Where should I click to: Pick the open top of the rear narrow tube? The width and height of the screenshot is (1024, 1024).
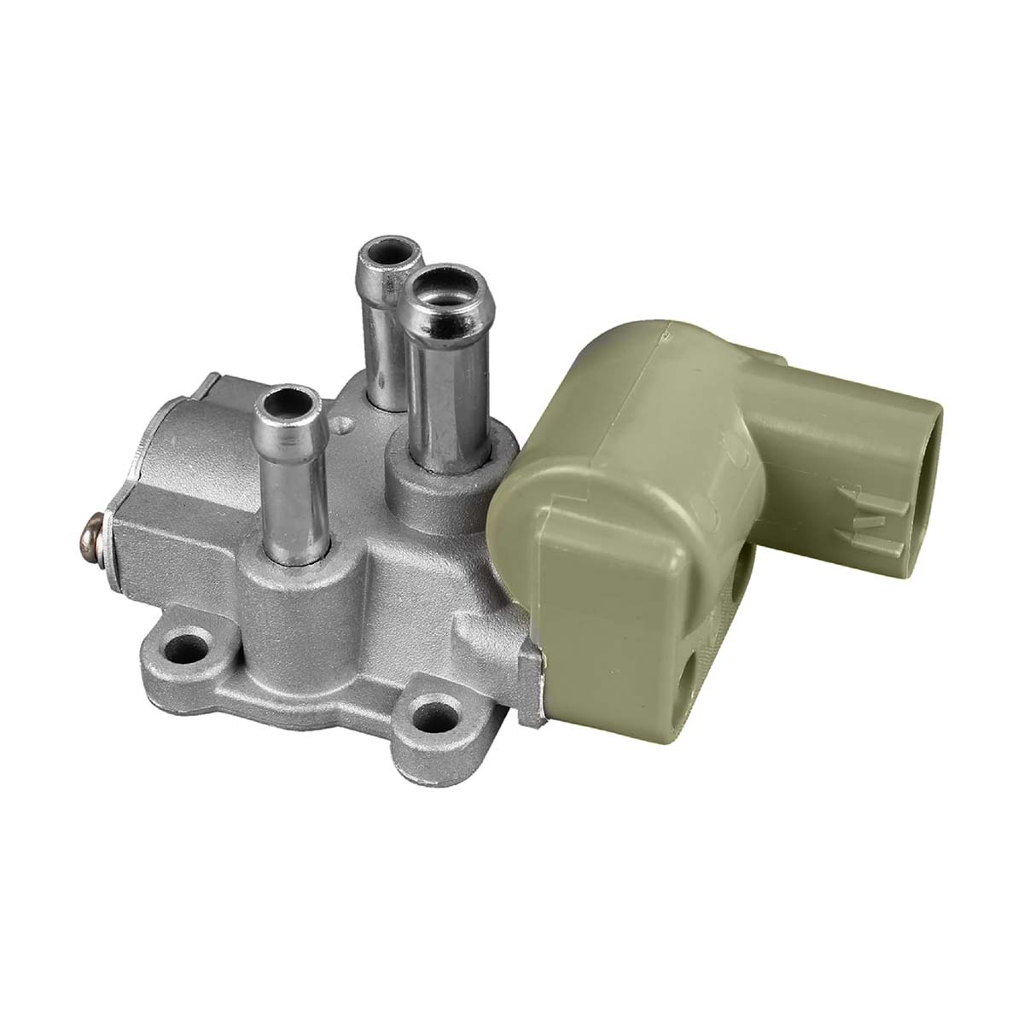[390, 253]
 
